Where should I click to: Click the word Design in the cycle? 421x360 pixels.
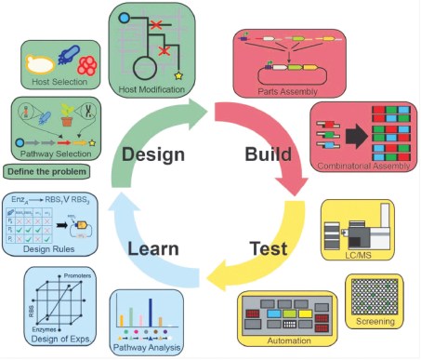154,153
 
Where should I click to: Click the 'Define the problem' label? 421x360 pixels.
47,171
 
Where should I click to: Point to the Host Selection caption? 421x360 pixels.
62,82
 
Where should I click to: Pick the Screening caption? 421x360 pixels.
374,321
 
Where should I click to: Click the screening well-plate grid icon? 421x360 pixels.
374,296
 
